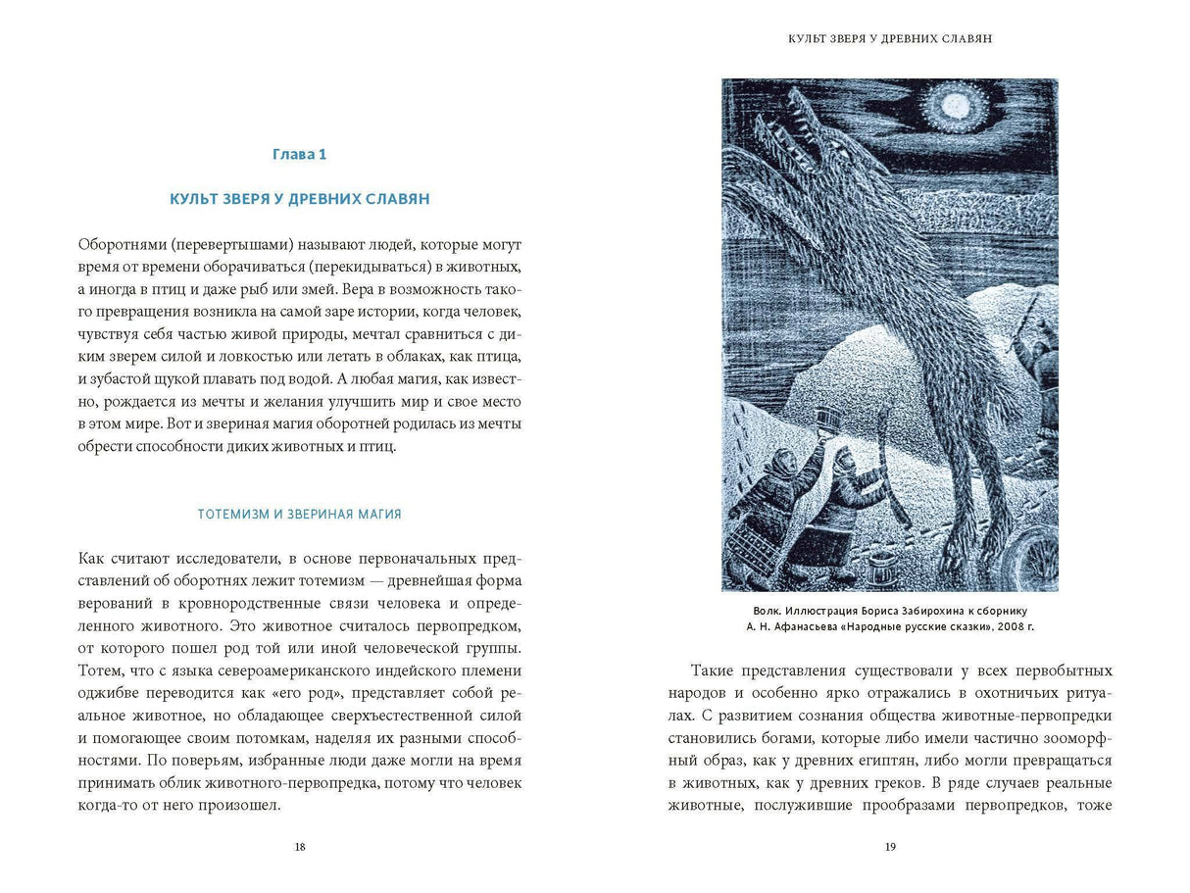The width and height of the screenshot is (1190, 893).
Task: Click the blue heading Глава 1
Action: click(299, 154)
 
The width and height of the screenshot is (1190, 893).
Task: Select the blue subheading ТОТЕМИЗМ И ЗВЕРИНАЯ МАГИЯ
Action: click(299, 514)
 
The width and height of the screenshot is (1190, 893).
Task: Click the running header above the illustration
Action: click(890, 39)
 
